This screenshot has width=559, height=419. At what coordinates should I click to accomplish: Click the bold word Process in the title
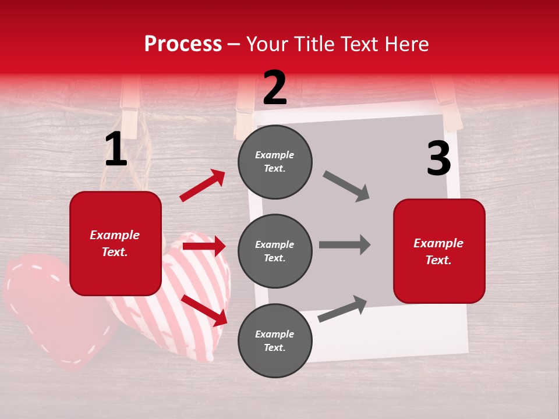(183, 44)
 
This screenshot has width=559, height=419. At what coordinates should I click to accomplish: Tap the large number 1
(115, 150)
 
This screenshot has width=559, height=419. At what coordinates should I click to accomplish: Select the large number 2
(275, 88)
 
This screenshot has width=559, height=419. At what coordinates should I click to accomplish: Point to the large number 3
(438, 158)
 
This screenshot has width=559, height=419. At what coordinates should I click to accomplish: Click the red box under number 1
(115, 243)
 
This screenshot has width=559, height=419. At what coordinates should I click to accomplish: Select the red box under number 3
(439, 251)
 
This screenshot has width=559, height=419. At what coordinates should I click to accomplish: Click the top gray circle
(275, 162)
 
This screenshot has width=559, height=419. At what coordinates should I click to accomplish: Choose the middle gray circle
(275, 251)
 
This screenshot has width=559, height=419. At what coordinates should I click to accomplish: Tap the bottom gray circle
(275, 340)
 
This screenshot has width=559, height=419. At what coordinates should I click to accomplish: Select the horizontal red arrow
(204, 247)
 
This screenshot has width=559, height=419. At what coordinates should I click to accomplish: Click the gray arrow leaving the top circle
(346, 186)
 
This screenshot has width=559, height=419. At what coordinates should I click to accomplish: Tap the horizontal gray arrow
(344, 245)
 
